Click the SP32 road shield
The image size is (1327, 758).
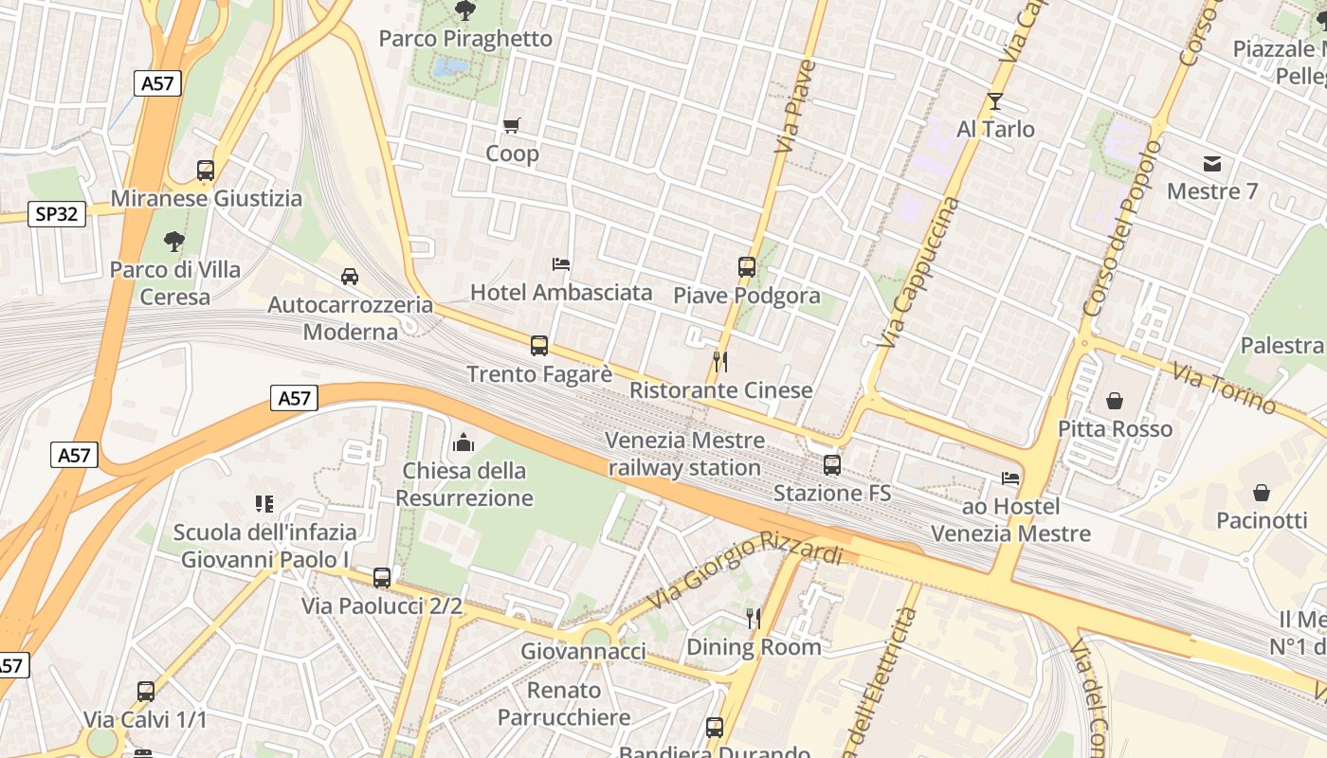point(57,214)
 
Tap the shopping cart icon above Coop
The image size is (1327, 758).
point(512,125)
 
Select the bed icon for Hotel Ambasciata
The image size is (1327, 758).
point(561,263)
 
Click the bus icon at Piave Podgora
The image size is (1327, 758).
point(747,267)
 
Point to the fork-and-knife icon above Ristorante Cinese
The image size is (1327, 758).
point(720,361)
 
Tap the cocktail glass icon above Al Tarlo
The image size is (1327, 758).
point(995,101)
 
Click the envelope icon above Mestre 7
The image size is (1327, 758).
point(1212,164)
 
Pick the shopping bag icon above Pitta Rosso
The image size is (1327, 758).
point(1114,401)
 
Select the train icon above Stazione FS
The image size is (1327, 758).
point(832,465)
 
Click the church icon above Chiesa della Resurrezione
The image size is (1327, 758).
point(464,442)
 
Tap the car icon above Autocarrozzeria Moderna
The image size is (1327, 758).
point(350,277)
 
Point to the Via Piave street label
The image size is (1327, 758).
point(795,106)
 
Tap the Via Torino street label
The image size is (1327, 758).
point(1224,388)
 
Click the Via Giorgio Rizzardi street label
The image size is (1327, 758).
point(745,574)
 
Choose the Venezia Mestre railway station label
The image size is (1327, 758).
point(684,454)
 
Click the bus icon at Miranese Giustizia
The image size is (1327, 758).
point(206,171)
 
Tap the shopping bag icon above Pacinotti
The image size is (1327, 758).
point(1262,493)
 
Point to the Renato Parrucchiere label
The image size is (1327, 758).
point(565,703)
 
